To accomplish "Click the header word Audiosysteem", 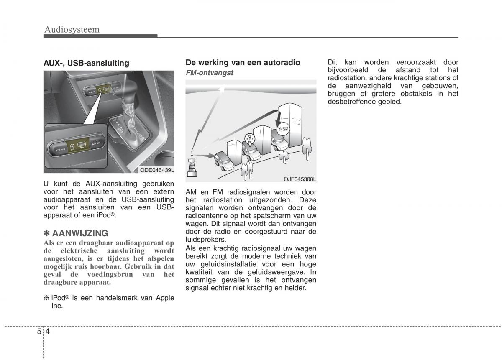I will pyautogui.click(x=72, y=29).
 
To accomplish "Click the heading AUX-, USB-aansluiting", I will pyautogui.click(x=86, y=63).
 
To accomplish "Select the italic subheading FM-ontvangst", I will pyautogui.click(x=209, y=72).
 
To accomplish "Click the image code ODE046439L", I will pyautogui.click(x=157, y=169).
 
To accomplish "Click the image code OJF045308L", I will pyautogui.click(x=300, y=179).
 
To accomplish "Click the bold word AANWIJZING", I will pyautogui.click(x=80, y=233).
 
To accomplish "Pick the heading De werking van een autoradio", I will pyautogui.click(x=243, y=63).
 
